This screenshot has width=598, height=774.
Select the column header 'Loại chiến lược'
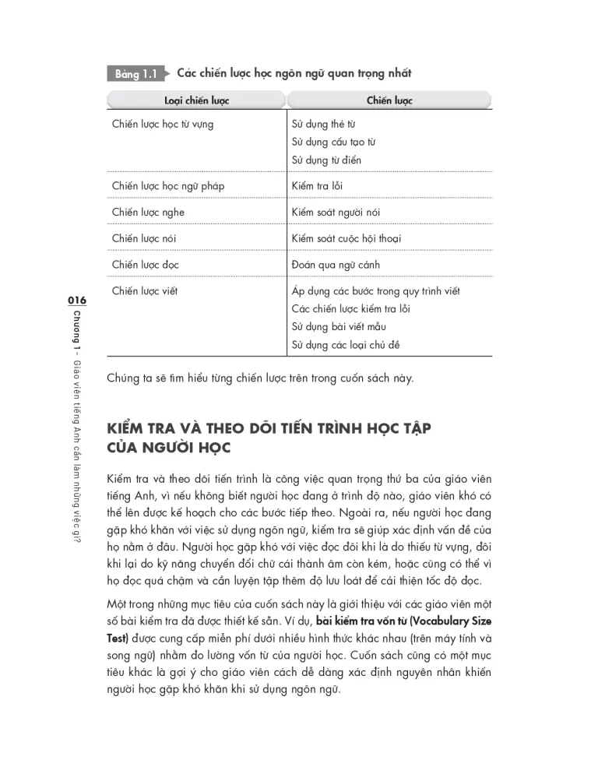pyautogui.click(x=196, y=100)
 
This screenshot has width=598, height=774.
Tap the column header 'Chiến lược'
pyautogui.click(x=389, y=100)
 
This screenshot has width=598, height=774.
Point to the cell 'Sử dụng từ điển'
pyautogui.click(x=326, y=160)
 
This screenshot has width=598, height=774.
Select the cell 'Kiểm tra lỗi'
pyautogui.click(x=317, y=186)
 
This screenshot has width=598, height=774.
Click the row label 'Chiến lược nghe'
pyautogui.click(x=148, y=213)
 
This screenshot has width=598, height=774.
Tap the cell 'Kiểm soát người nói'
pyautogui.click(x=336, y=213)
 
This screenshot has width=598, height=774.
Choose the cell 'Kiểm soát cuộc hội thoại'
pyautogui.click(x=346, y=238)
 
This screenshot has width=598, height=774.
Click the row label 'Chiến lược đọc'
pyautogui.click(x=145, y=265)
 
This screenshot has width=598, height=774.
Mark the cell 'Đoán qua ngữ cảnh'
pyautogui.click(x=336, y=265)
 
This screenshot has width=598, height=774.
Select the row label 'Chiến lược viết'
pyautogui.click(x=145, y=291)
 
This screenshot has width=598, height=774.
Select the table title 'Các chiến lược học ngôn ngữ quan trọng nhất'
pyautogui.click(x=294, y=74)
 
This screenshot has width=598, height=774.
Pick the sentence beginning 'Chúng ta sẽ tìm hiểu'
pyautogui.click(x=260, y=379)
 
